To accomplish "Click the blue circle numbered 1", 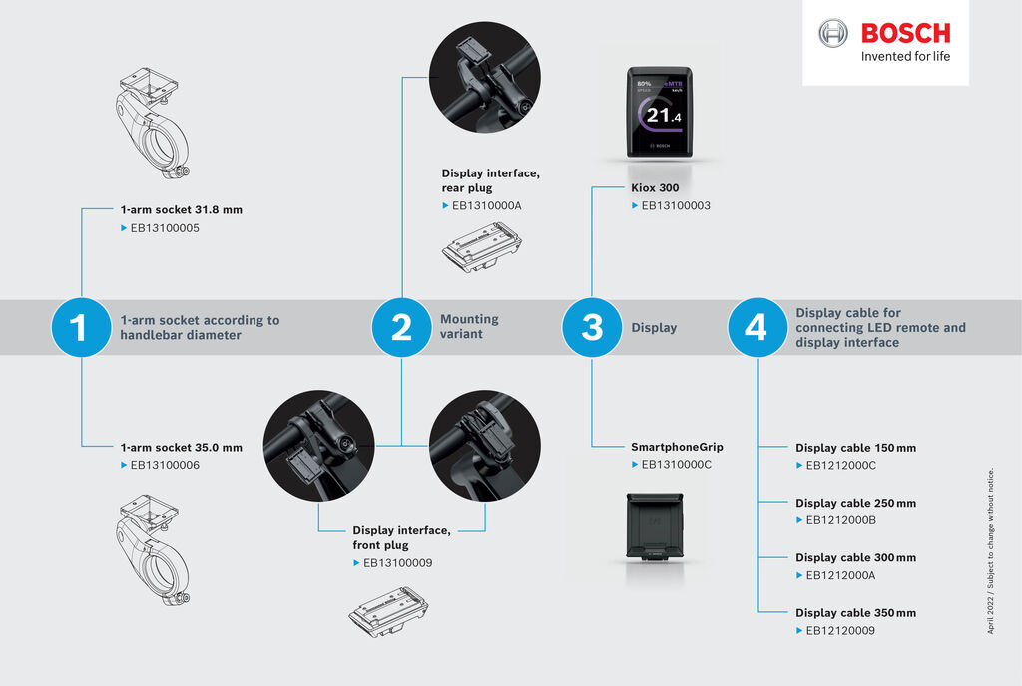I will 80,327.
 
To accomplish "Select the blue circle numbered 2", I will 401,327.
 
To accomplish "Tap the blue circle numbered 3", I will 592,327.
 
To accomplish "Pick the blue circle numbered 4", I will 757,327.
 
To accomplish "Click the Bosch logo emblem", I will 832,33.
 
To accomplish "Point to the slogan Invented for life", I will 905,56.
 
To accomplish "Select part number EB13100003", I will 676,205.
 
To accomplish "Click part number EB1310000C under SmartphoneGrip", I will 676,465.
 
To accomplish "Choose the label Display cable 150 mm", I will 855,448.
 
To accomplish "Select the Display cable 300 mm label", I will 855,557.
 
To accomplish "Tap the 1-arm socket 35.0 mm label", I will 181,448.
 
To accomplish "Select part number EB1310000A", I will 487,205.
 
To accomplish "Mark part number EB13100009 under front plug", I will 397,563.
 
